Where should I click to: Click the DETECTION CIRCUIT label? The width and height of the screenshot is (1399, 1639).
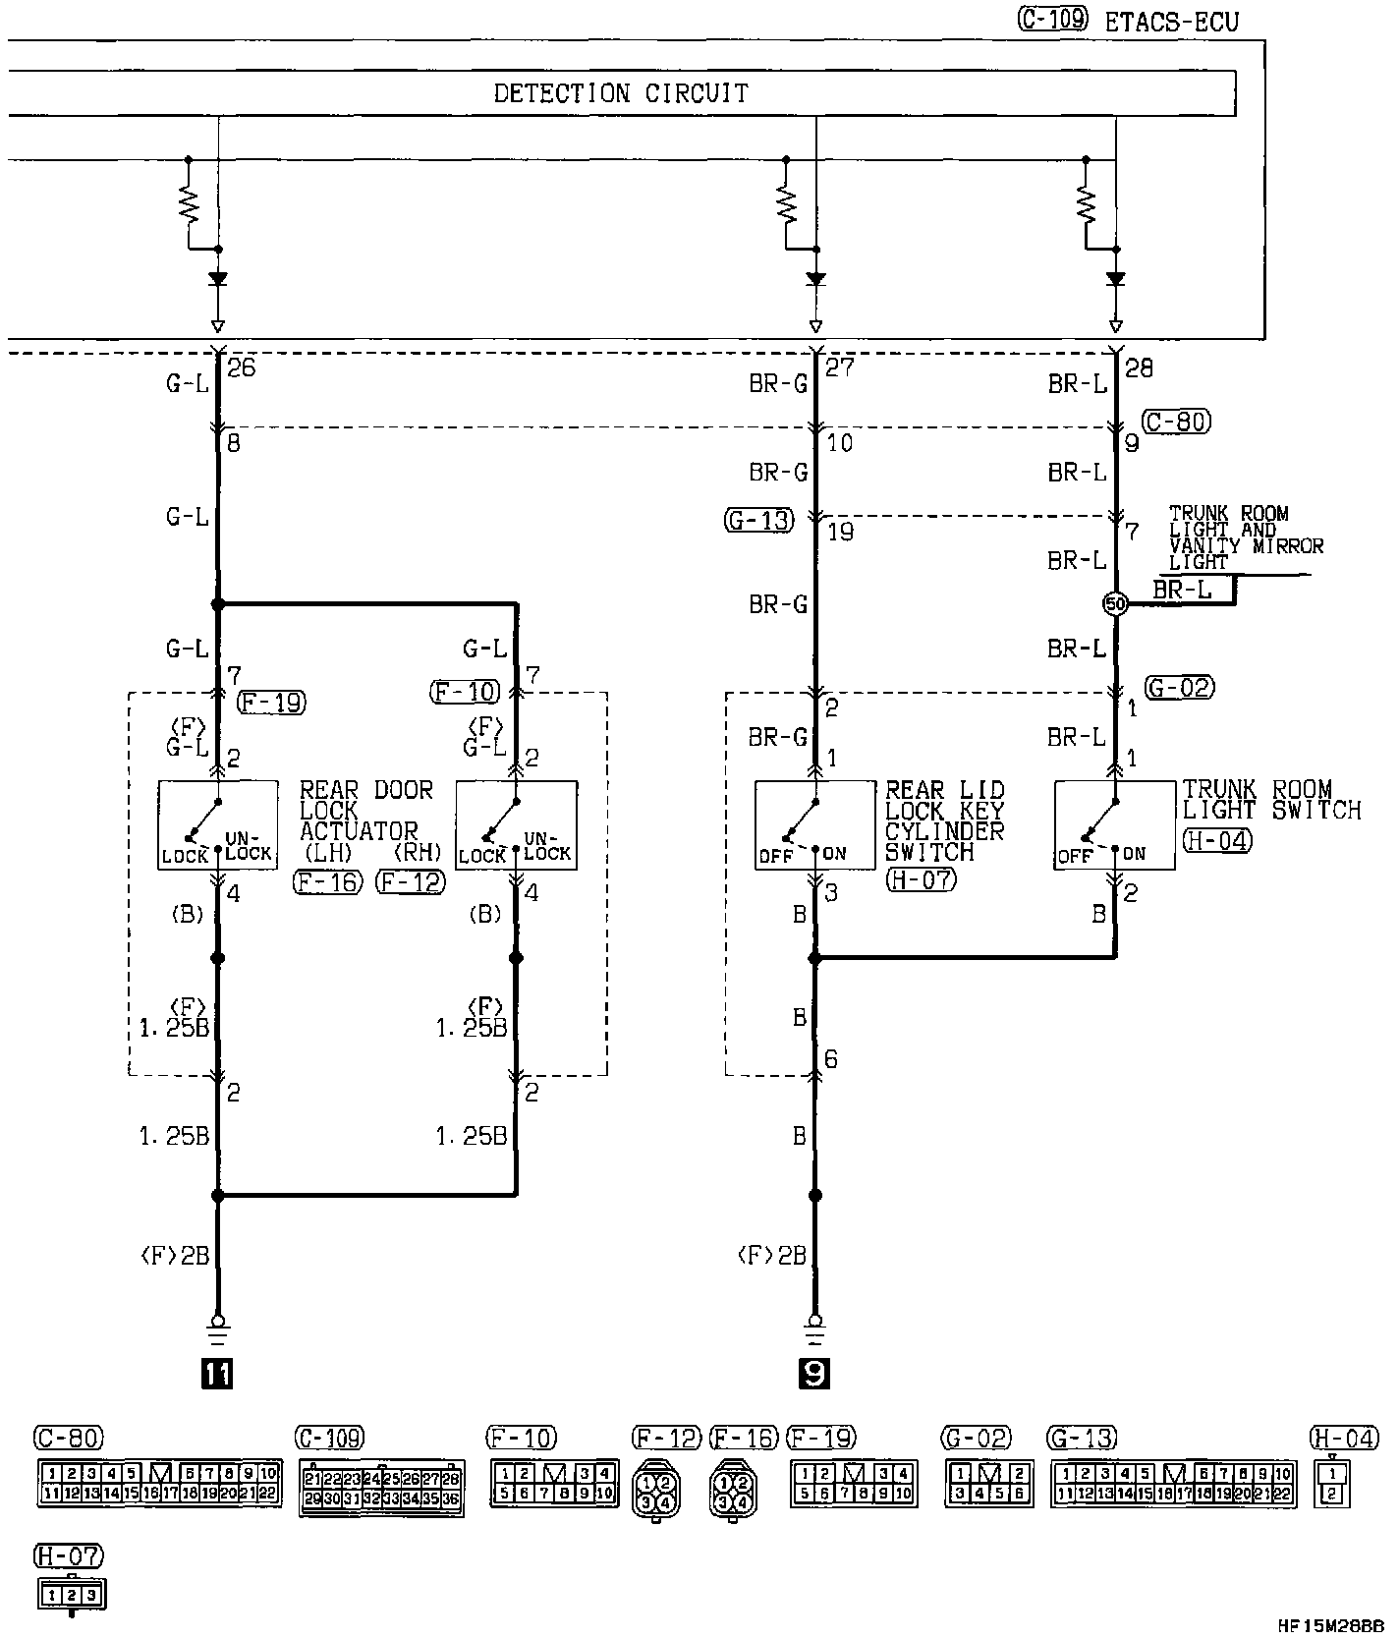(x=620, y=93)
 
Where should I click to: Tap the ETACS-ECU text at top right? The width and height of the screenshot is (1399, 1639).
(x=1171, y=22)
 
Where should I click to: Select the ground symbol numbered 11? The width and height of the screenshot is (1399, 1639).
(x=217, y=1373)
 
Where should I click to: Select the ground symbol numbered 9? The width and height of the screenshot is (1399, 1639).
(x=814, y=1373)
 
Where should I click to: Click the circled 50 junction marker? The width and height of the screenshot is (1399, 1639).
(x=1115, y=603)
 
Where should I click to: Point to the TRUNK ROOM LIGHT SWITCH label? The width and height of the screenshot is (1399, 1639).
(x=1271, y=800)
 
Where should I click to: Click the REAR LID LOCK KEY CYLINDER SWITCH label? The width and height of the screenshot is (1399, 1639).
(x=944, y=820)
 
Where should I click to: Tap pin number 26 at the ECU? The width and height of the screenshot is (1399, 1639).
(x=241, y=368)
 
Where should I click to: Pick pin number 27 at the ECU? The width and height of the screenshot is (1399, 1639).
(x=840, y=368)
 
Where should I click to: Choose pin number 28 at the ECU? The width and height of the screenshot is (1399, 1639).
(x=1139, y=368)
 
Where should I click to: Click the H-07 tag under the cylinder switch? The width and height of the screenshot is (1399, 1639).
(x=921, y=879)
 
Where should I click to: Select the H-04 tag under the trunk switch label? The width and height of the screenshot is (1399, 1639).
(x=1217, y=840)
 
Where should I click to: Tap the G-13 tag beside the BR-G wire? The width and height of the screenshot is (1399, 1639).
(x=758, y=520)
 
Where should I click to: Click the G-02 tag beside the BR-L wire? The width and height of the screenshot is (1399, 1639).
(x=1180, y=688)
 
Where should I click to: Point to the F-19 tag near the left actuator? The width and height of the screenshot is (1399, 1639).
(x=271, y=702)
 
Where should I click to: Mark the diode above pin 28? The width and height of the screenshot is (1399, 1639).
(x=1115, y=279)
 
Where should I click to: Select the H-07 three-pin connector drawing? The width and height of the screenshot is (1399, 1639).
(x=70, y=1595)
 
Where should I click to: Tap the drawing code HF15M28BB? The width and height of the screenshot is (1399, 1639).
(x=1330, y=1625)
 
